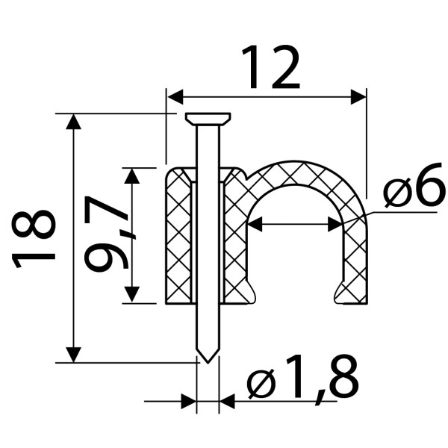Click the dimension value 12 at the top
tap(270, 67)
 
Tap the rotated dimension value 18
tap(34, 238)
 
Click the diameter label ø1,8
tap(303, 378)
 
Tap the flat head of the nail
tap(208, 119)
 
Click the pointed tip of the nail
tap(208, 362)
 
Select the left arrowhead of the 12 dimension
tap(175, 97)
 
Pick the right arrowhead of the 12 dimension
tap(358, 97)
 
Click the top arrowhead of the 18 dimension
tap(73, 122)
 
